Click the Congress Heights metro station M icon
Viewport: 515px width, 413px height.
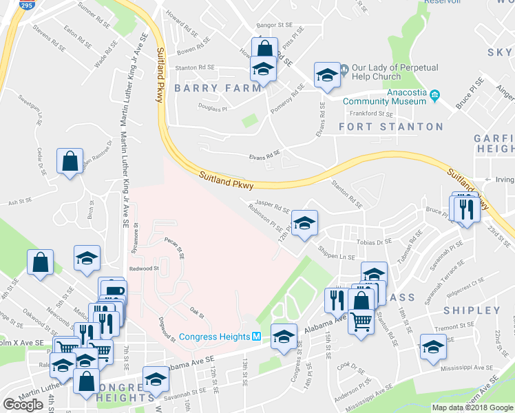pos(255,337)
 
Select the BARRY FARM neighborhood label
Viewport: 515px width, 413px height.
pos(218,88)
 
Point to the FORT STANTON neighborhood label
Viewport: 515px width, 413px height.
pos(391,127)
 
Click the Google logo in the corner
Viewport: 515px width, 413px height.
pos(23,405)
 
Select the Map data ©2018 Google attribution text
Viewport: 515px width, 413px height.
pos(472,407)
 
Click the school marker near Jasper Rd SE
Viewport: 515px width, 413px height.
pos(304,222)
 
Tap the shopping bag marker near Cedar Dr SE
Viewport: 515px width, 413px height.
pos(71,162)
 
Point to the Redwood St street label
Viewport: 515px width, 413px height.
pos(144,268)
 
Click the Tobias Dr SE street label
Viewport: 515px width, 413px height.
pos(375,242)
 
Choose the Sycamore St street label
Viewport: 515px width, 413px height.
pos(136,238)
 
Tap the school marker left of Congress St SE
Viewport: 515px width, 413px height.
pos(283,336)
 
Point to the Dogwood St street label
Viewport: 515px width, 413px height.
pos(166,327)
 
